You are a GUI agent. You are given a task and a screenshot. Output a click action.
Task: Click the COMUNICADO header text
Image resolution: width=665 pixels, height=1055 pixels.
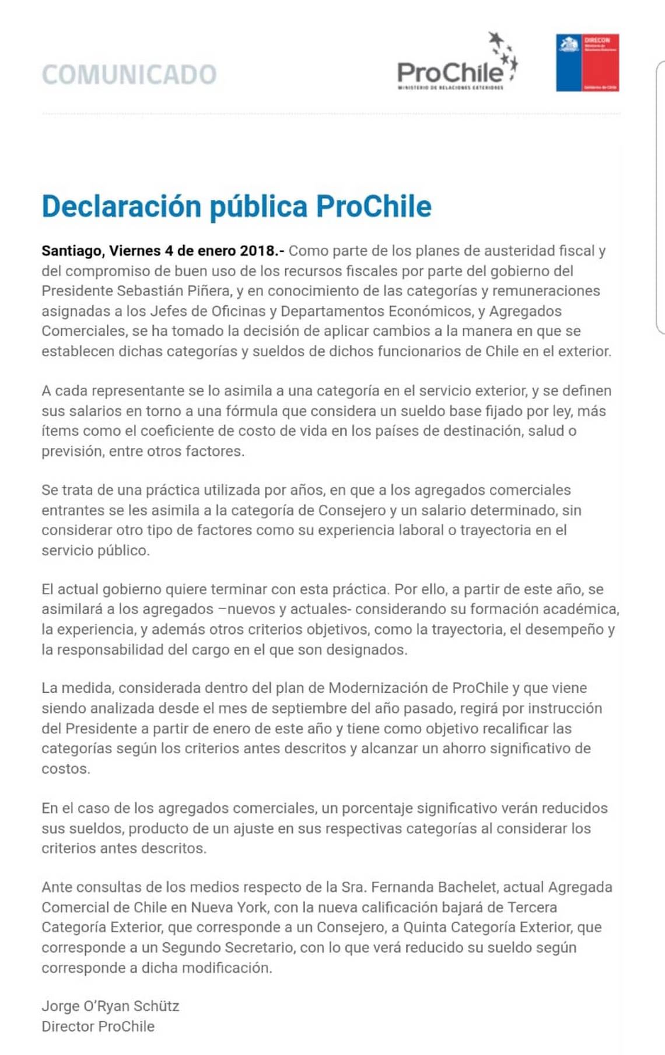(x=129, y=75)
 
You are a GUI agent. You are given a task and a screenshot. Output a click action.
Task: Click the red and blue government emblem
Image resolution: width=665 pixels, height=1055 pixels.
(x=587, y=62)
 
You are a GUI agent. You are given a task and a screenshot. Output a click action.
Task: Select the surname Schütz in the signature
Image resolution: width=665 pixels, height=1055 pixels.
(x=156, y=1006)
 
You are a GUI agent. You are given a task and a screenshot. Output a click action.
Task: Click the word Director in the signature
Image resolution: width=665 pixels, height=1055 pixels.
(x=68, y=1026)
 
